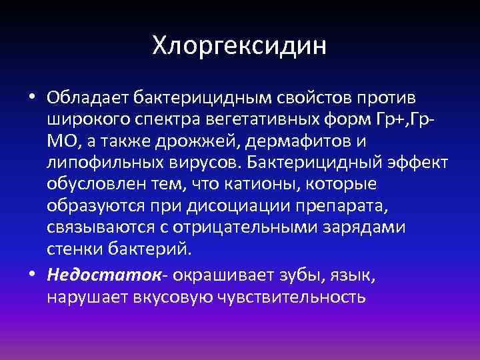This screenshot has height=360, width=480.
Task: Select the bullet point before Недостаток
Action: pyautogui.click(x=32, y=275)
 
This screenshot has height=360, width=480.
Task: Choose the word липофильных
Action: pyautogui.click(x=98, y=163)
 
